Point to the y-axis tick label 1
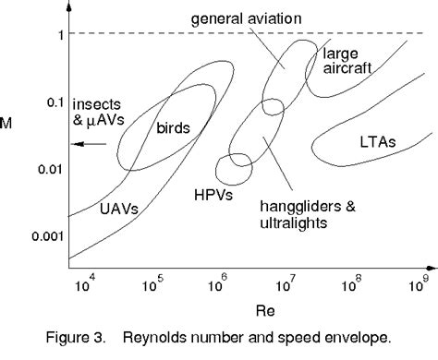[x=58, y=35]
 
